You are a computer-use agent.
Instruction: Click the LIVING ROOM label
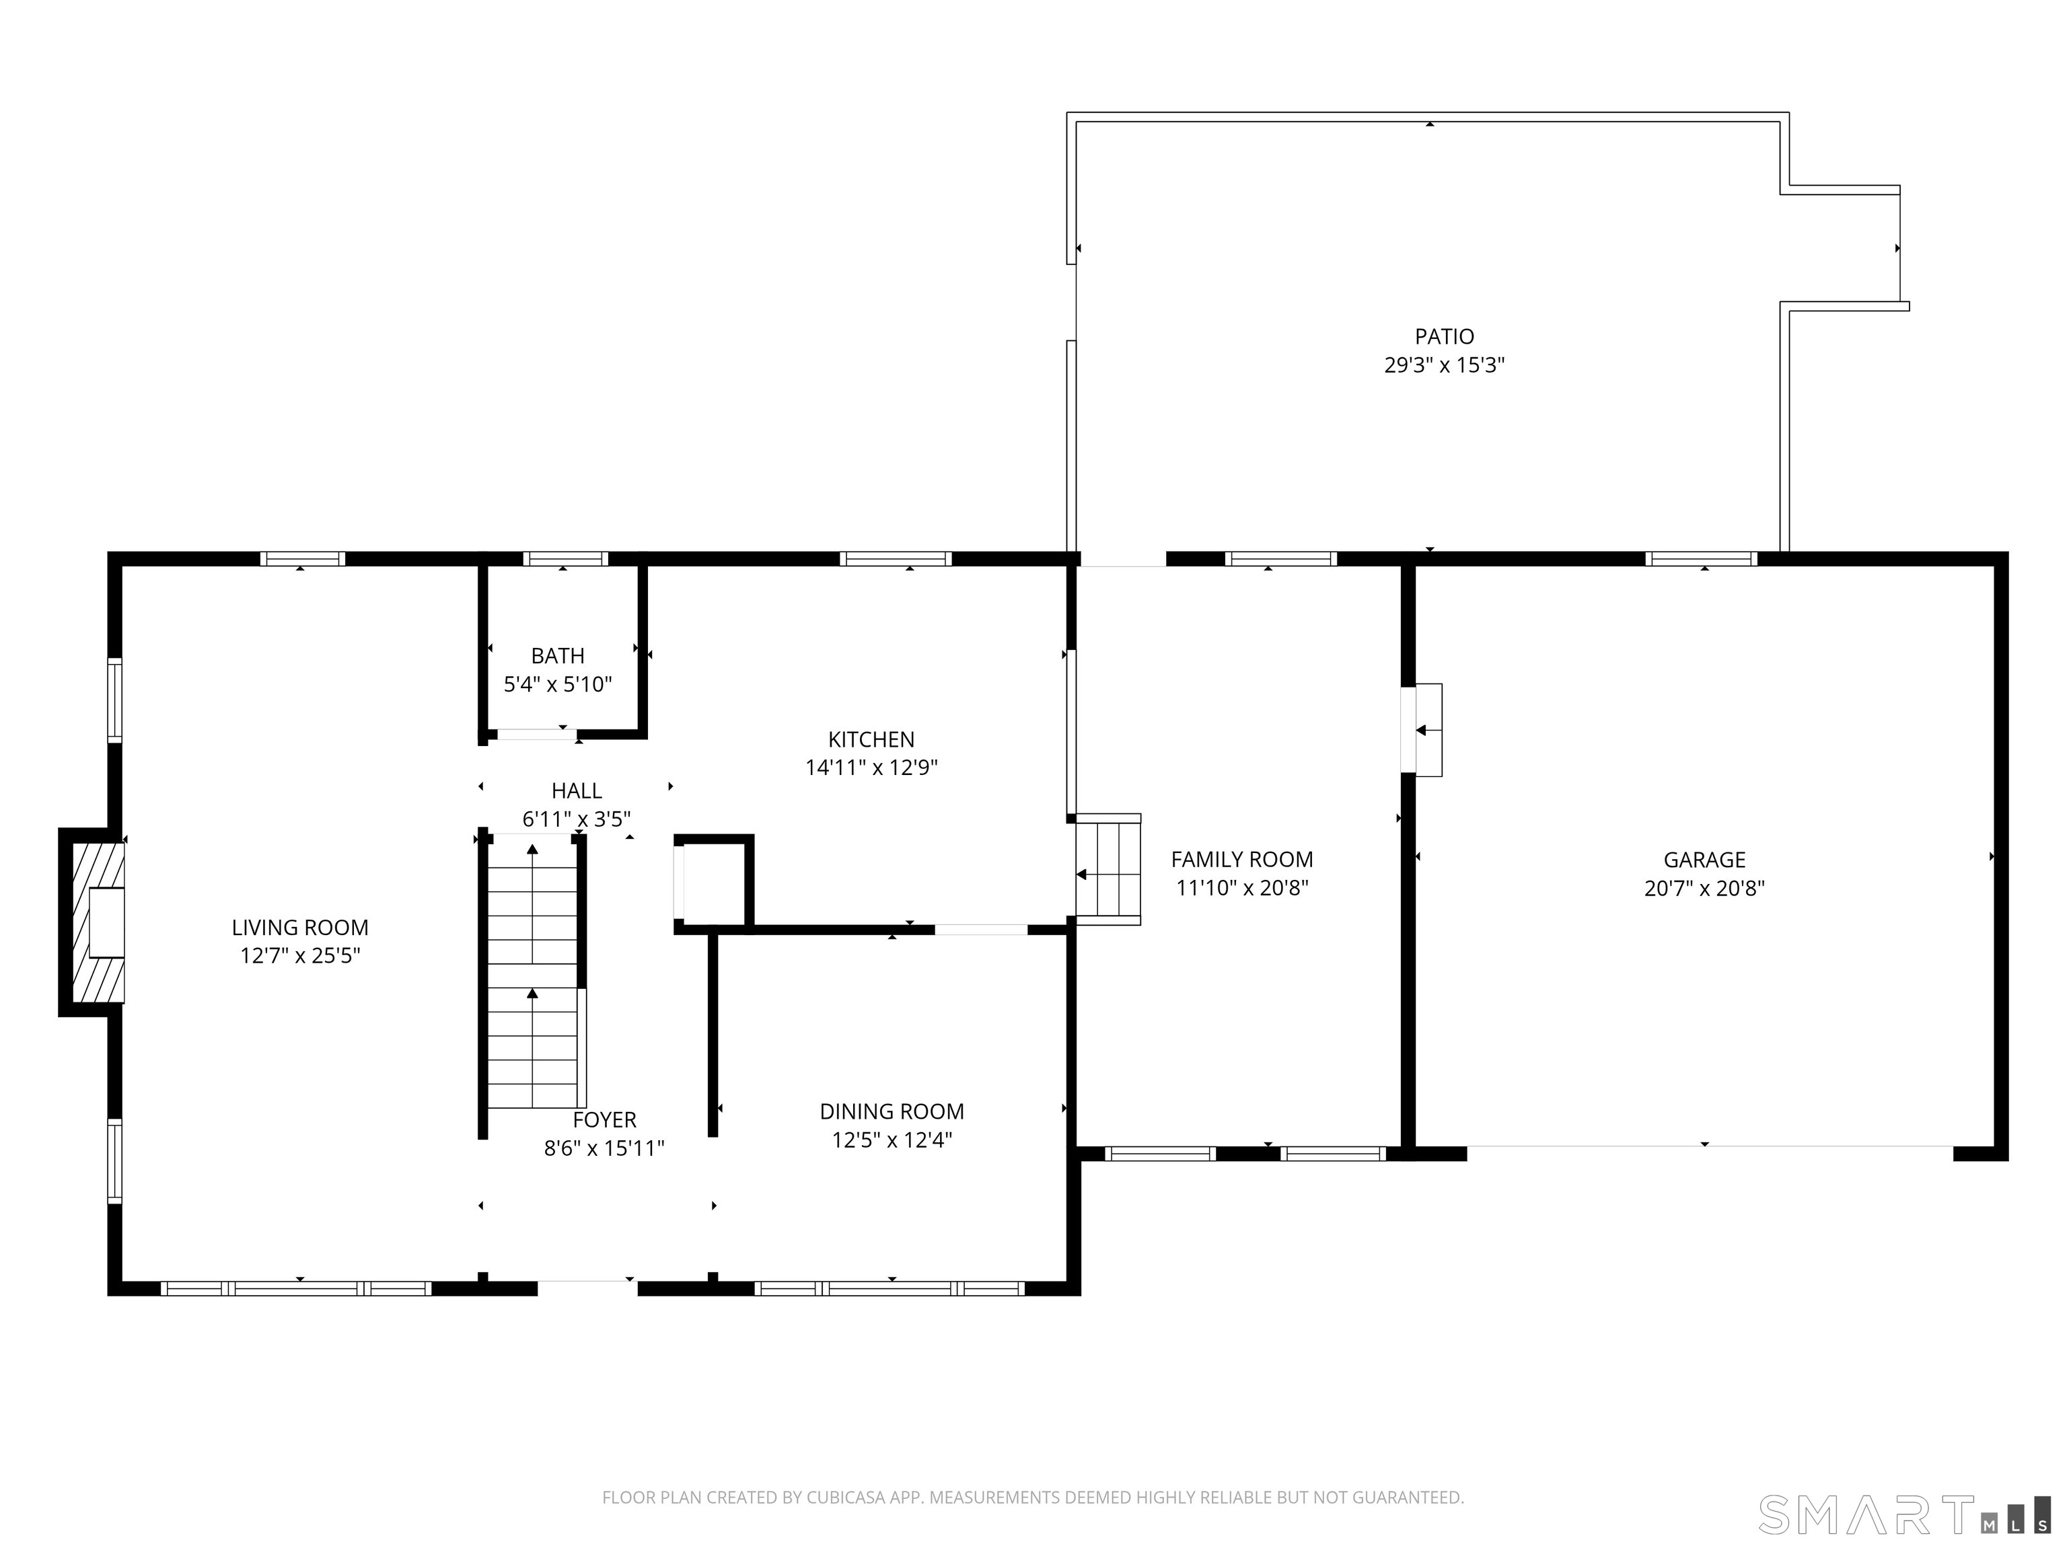pos(300,928)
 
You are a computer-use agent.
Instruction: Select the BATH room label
pos(558,656)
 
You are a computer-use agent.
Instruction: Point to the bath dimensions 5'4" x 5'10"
pos(558,685)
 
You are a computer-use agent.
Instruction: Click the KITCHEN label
pos(871,740)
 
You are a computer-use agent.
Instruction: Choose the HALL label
pos(577,791)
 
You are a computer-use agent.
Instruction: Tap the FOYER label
pos(605,1120)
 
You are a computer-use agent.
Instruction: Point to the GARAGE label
pos(1704,860)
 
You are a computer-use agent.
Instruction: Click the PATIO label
pos(1445,336)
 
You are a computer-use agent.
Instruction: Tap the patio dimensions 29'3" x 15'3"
pos(1445,365)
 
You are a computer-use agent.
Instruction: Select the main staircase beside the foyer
pos(533,971)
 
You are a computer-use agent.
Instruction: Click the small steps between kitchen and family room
pos(1108,869)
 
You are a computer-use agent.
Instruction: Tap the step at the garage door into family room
pos(1428,730)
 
